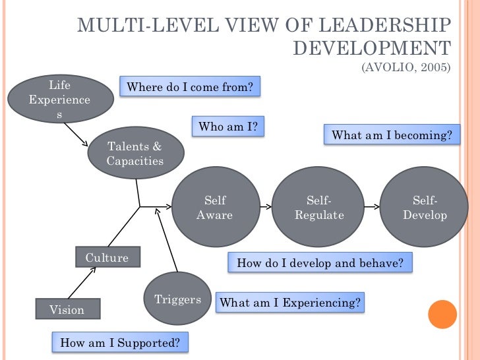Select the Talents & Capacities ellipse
(135, 153)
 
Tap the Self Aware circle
(214, 207)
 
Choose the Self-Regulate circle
(319, 207)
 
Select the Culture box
(107, 258)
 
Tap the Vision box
(67, 309)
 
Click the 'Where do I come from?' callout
(189, 87)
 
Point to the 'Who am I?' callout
(227, 127)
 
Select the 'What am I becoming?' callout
(392, 135)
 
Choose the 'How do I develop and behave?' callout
(320, 263)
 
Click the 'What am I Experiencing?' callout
(290, 303)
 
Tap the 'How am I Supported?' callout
(119, 342)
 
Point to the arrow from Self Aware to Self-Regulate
(265, 207)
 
